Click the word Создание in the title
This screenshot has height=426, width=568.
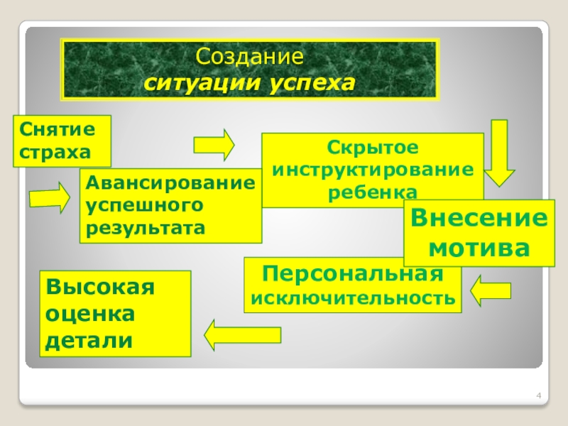pos(250,55)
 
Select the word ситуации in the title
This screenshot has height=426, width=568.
pos(203,84)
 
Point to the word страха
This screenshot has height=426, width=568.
pos(56,151)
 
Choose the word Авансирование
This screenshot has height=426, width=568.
pos(170,183)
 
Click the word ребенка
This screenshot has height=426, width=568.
pos(373,192)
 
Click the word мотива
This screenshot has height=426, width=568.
pos(481,248)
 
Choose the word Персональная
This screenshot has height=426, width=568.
pos(352,274)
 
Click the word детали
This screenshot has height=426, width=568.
pos(89,340)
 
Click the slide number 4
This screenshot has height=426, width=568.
pos(539,395)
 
